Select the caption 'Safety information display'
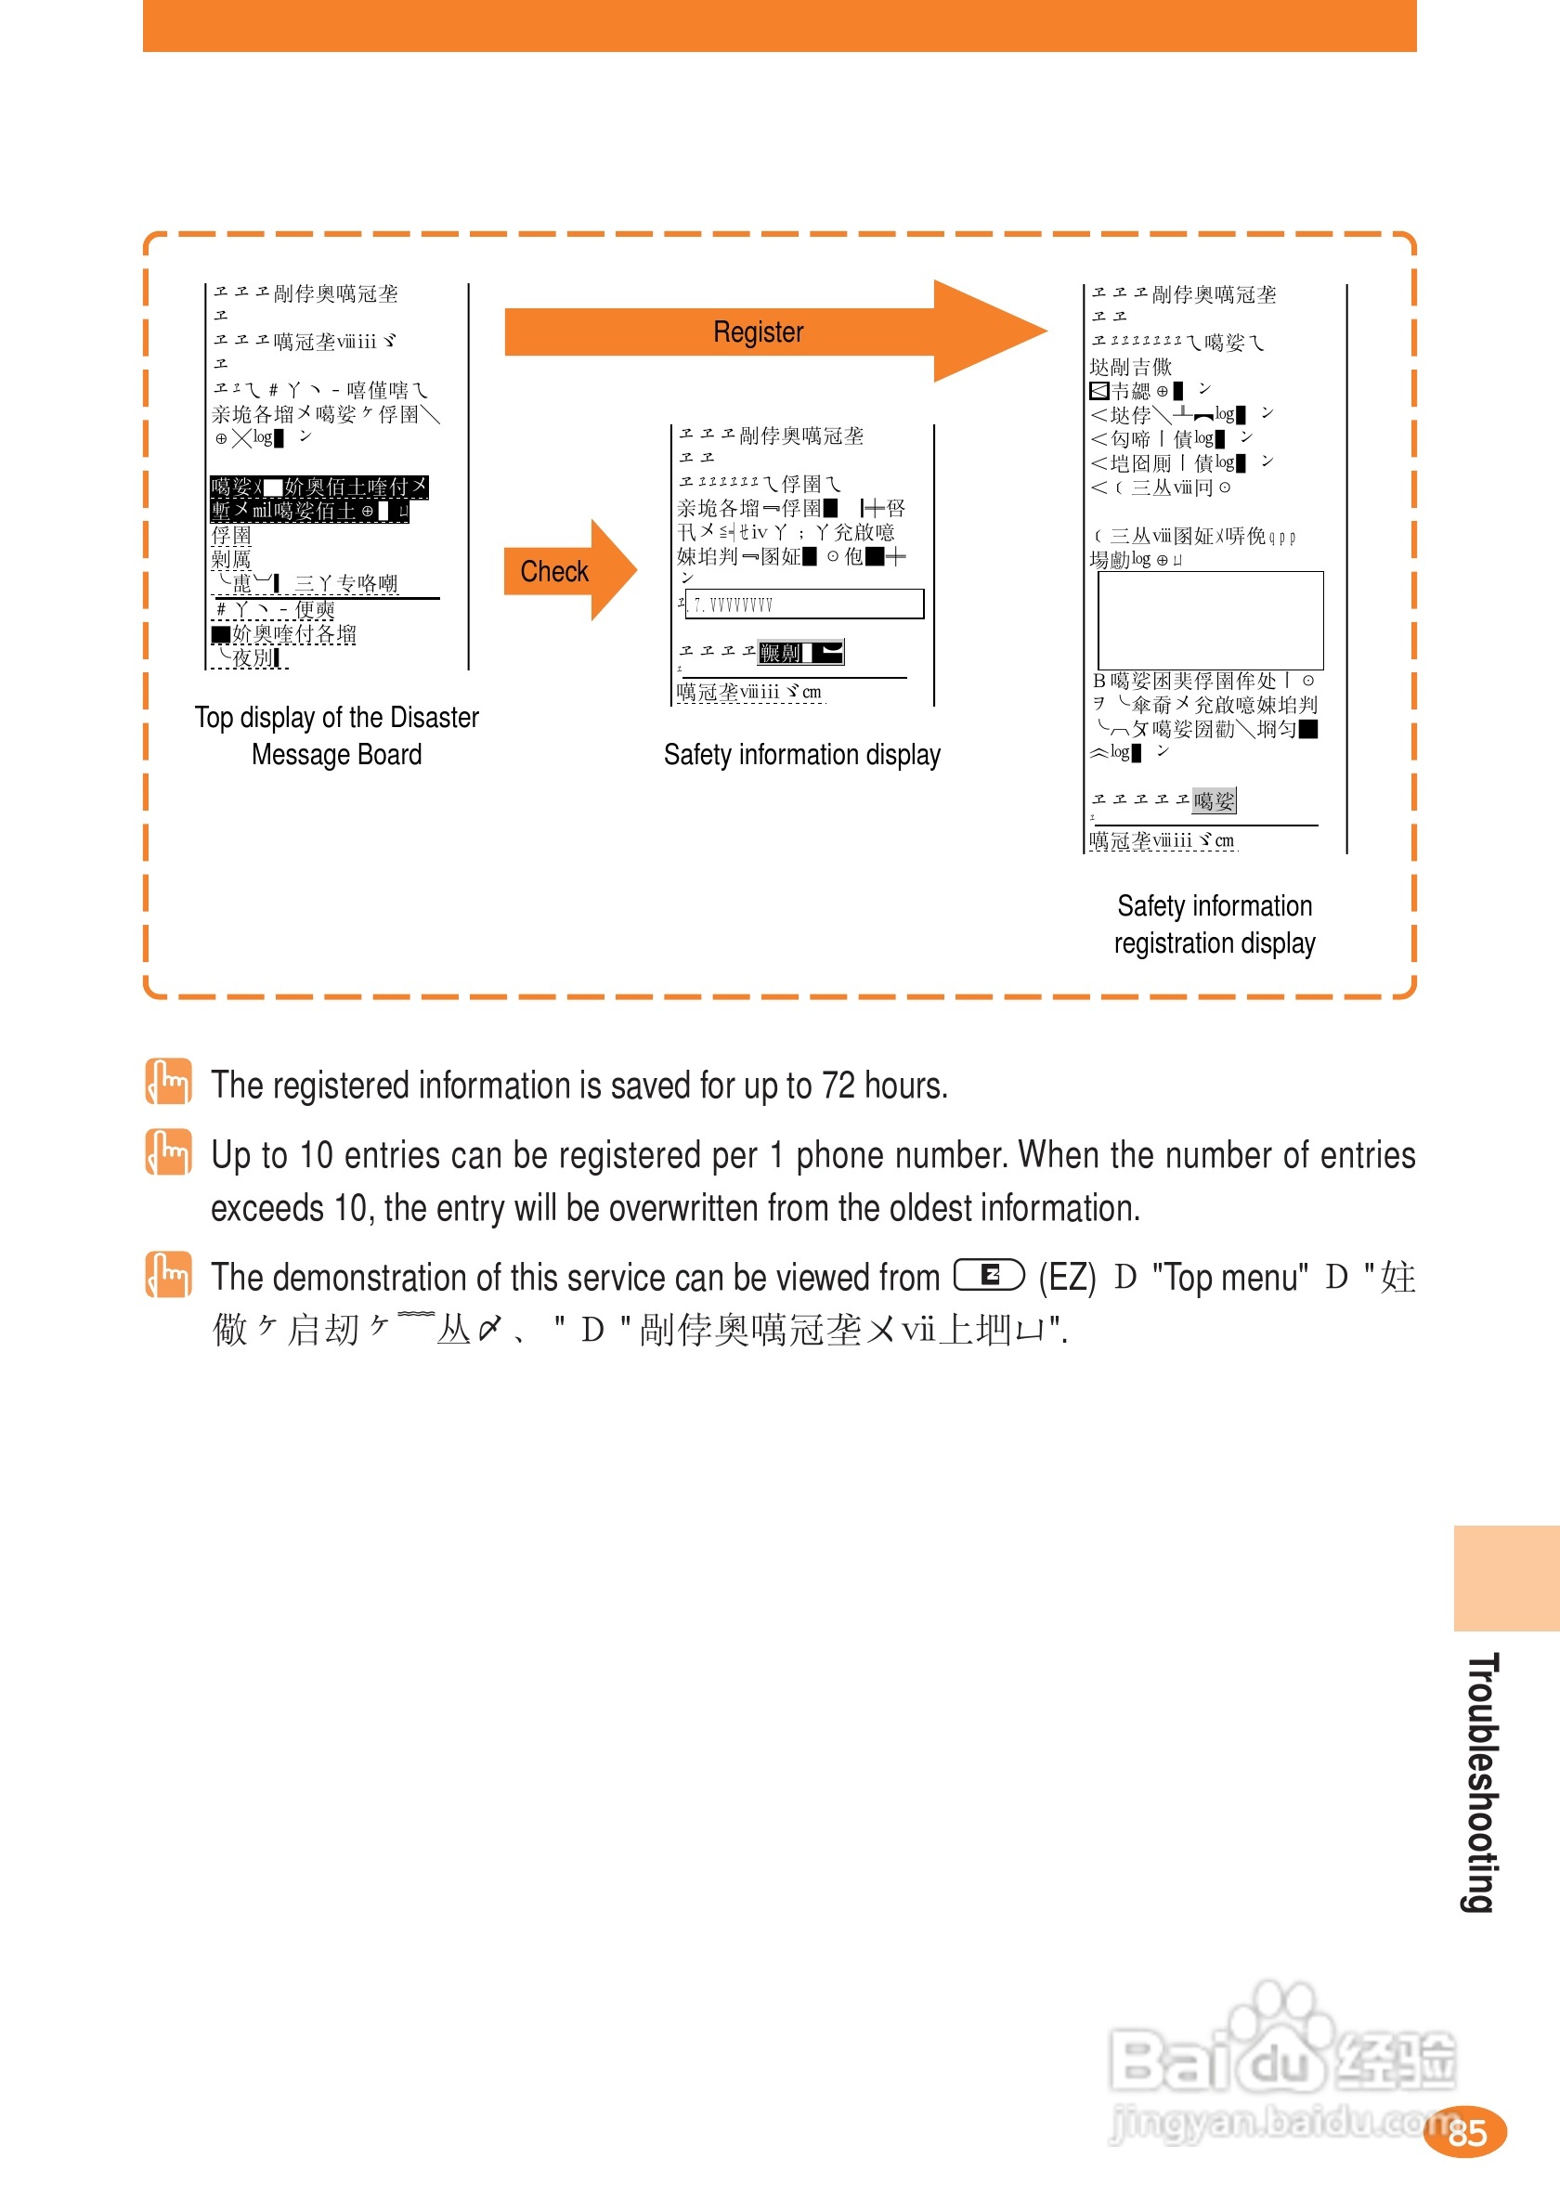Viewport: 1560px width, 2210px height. tap(801, 755)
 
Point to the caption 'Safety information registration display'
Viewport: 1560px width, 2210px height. tap(1215, 924)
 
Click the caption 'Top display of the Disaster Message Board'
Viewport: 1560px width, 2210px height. tap(336, 735)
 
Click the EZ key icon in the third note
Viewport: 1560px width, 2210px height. tap(988, 1275)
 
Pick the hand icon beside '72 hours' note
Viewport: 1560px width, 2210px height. tap(168, 1082)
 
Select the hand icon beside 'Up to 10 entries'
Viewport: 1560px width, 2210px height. tap(168, 1152)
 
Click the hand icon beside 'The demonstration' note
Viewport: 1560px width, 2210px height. tap(168, 1274)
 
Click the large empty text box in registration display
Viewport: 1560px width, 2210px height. tap(1210, 621)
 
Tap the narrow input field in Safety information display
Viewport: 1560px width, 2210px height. tap(803, 604)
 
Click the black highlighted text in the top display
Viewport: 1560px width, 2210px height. tap(318, 499)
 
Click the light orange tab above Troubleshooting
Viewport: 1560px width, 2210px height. tap(1506, 1578)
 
